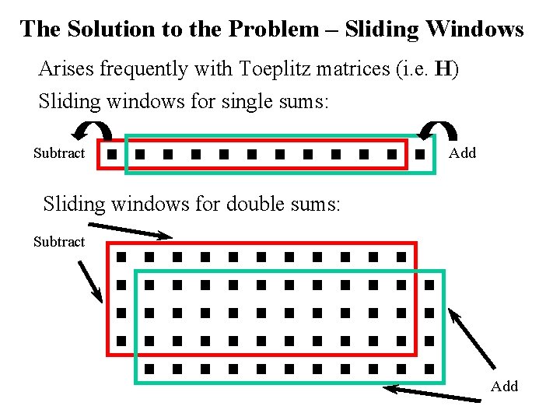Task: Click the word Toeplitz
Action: click(275, 69)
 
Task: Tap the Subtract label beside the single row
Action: click(59, 153)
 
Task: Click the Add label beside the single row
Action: click(462, 153)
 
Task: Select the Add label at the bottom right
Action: click(504, 387)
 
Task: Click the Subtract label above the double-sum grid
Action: click(59, 242)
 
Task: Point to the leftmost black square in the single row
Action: click(113, 155)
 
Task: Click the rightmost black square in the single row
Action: click(421, 155)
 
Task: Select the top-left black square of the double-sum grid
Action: click(121, 256)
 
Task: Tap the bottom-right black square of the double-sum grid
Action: click(429, 369)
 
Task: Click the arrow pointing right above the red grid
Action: click(131, 230)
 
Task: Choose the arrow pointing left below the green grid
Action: click(433, 394)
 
